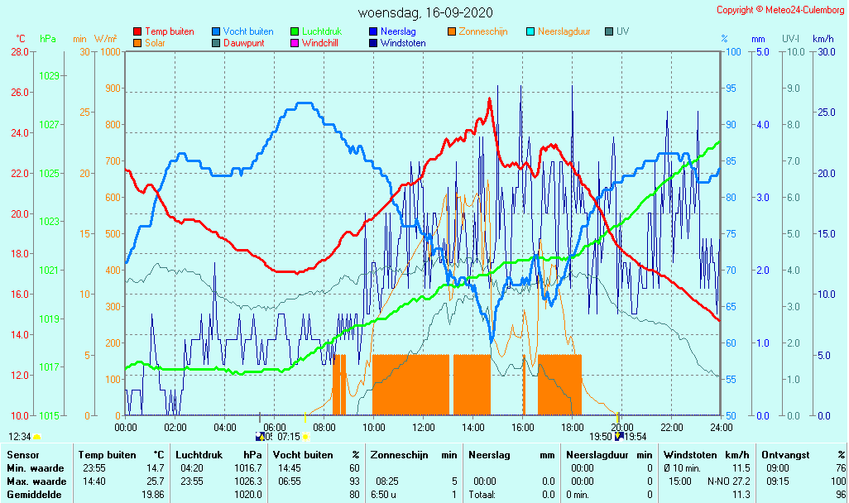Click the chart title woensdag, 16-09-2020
(425, 12)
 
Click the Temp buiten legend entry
(169, 31)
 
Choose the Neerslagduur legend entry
(564, 31)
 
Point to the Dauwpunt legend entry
(243, 43)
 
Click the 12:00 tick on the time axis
(423, 427)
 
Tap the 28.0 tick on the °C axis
(20, 52)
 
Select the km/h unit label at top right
(823, 39)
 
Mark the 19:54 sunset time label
(635, 436)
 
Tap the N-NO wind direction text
(718, 481)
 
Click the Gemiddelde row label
(35, 495)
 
